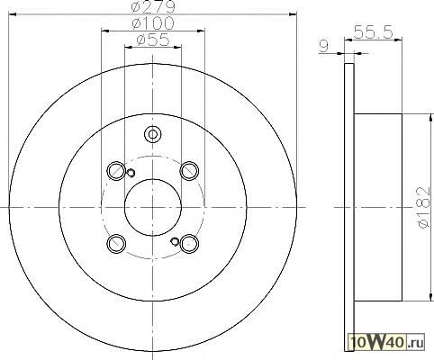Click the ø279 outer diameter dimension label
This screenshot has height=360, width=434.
coord(153,6)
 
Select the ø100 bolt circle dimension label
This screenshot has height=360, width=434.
coord(153,23)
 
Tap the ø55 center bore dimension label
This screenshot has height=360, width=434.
coord(153,40)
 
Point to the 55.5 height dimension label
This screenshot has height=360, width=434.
coord(374,32)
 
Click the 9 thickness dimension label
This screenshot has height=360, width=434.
coord(324,47)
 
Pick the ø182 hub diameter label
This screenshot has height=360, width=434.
coord(424,207)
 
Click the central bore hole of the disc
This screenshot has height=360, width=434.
coord(153,207)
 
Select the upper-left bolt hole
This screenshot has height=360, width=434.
coord(116,170)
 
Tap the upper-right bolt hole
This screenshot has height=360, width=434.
coord(189,170)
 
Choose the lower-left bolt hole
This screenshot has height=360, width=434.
coord(116,243)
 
